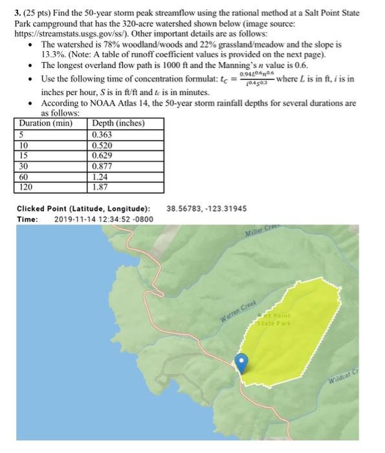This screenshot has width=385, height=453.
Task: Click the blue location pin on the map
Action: tap(242, 362)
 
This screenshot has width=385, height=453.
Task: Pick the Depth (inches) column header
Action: tap(118, 124)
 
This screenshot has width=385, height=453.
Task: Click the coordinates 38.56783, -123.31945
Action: tap(207, 208)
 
